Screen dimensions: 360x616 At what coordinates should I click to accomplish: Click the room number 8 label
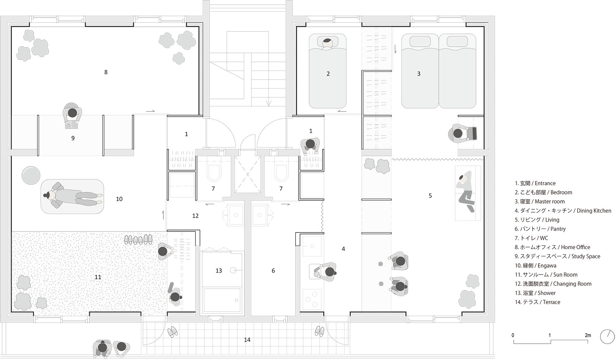tap(106, 72)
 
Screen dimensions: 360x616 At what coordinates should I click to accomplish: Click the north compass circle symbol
tap(607, 336)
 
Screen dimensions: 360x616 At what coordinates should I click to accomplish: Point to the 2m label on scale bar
tap(588, 335)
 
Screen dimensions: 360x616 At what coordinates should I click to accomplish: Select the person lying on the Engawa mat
tap(72, 196)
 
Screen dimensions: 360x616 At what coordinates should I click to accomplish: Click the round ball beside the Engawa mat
tap(31, 175)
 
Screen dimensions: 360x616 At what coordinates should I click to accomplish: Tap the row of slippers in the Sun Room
tap(138, 239)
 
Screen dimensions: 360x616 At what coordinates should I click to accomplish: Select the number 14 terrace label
tap(247, 340)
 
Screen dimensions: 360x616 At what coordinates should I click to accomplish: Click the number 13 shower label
tap(218, 271)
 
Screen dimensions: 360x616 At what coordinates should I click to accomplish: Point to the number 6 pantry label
tap(273, 271)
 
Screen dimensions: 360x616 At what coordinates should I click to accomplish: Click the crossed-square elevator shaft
tap(247, 175)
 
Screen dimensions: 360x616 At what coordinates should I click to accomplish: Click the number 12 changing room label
tap(195, 216)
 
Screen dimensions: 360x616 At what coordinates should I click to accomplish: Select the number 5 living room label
tap(430, 196)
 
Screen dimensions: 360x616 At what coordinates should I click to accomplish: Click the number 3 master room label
tap(419, 74)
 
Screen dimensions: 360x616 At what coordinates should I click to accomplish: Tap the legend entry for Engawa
tap(535, 265)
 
